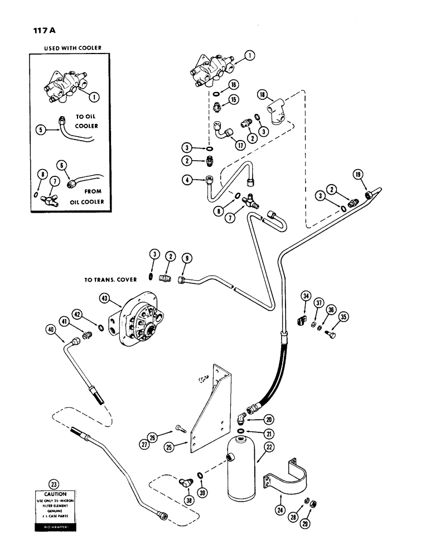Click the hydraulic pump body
(x=139, y=321)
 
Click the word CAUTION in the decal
(x=54, y=494)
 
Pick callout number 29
(x=306, y=524)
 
